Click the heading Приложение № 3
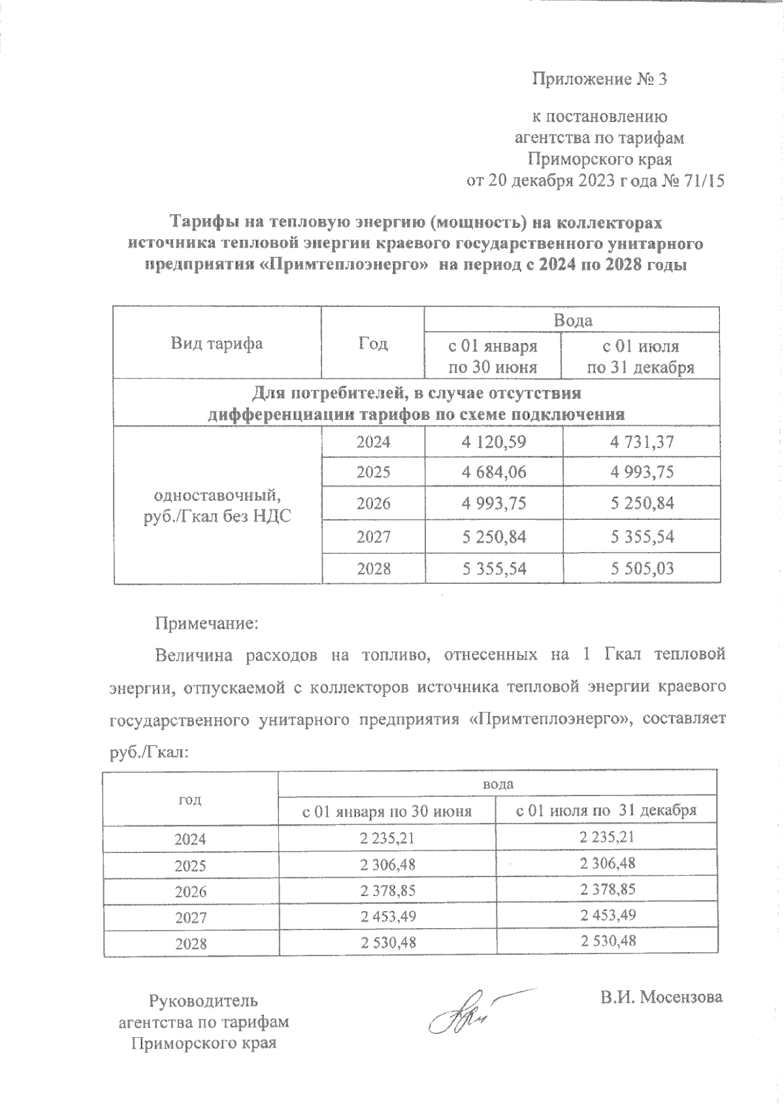[x=599, y=80]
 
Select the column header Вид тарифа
[x=217, y=344]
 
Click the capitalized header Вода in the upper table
[x=572, y=320]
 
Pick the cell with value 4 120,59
[x=493, y=442]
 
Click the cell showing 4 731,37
[x=642, y=442]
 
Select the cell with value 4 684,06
[x=493, y=472]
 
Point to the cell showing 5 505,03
[x=642, y=568]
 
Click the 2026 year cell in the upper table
[x=373, y=504]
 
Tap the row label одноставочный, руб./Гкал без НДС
[x=217, y=505]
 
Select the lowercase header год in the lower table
[x=190, y=799]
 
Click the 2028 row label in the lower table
[x=190, y=944]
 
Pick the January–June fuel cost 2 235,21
[x=387, y=837]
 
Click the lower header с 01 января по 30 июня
[x=387, y=812]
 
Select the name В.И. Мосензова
[x=661, y=997]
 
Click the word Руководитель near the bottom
[x=204, y=1001]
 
